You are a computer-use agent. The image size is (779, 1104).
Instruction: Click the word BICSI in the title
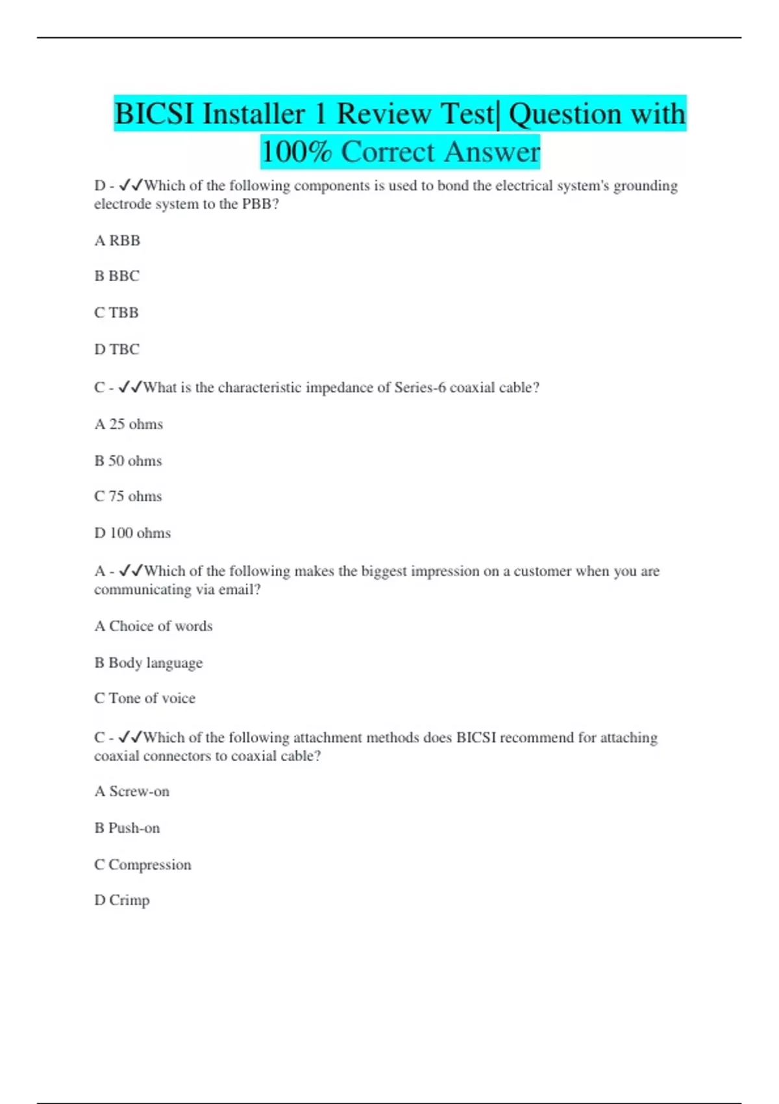tap(154, 114)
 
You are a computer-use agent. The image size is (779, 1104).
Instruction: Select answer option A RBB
tap(117, 241)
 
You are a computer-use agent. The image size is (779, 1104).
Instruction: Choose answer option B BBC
tap(117, 276)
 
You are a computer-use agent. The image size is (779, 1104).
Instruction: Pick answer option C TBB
tap(117, 313)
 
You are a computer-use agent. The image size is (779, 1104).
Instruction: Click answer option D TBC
tap(117, 349)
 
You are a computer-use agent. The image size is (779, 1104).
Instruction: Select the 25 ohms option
tap(129, 425)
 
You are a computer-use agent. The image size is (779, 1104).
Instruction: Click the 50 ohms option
tap(128, 461)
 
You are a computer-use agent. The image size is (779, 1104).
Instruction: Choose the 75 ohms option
tap(128, 497)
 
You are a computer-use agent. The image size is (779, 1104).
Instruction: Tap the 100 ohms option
tap(132, 533)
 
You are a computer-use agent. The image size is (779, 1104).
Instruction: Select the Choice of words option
tap(154, 627)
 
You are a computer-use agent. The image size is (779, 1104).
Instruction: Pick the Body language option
tap(149, 663)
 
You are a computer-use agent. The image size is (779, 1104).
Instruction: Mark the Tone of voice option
tap(145, 699)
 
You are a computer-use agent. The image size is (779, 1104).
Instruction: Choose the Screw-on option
tap(132, 792)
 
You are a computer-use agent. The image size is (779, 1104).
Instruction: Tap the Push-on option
tap(127, 829)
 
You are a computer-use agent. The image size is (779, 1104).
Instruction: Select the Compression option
tap(143, 865)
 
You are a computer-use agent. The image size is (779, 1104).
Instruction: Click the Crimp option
tap(122, 901)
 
